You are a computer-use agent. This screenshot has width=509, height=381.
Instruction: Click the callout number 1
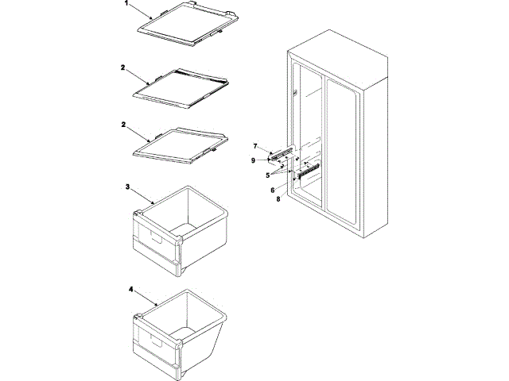click(126, 3)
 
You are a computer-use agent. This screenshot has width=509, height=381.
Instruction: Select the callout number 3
click(127, 186)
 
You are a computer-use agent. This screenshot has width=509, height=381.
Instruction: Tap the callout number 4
click(130, 290)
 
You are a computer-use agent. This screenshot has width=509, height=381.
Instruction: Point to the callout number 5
click(268, 175)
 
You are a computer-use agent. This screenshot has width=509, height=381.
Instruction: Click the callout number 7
click(256, 146)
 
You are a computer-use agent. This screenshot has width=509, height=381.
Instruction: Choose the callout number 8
click(278, 199)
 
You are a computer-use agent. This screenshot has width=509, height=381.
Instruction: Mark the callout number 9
click(254, 160)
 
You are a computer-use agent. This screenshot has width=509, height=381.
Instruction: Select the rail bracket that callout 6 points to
click(308, 168)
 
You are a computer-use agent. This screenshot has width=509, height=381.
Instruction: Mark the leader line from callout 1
click(140, 11)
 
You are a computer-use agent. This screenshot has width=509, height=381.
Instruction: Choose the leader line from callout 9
click(266, 161)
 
